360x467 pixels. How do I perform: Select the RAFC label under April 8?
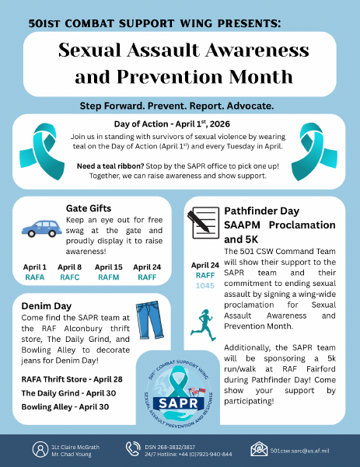click(x=70, y=276)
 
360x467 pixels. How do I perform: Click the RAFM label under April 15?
click(x=108, y=276)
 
